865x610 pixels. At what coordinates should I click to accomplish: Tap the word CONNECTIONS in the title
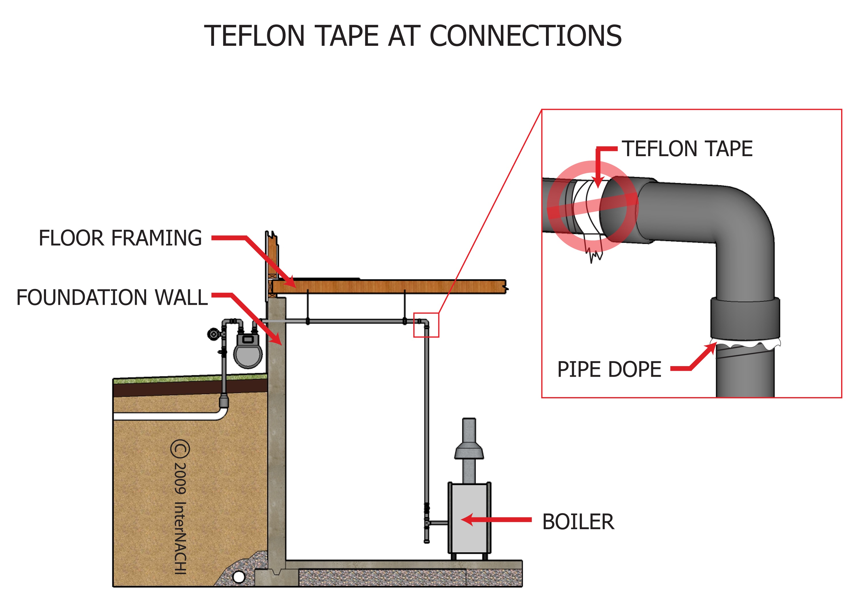coord(525,36)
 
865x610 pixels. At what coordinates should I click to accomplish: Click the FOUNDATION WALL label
coord(112,298)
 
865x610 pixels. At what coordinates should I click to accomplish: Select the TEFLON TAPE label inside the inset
coord(687,149)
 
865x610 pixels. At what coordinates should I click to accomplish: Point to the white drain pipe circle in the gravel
coord(239,577)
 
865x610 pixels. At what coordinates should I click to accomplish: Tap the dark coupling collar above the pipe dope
coord(745,319)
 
